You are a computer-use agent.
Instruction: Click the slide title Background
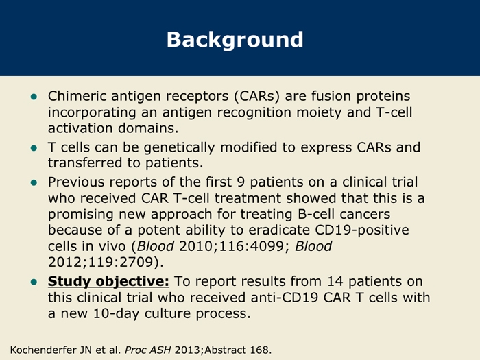point(235,40)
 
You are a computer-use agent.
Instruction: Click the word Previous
point(76,182)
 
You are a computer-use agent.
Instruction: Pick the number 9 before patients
point(241,182)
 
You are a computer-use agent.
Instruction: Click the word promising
point(81,214)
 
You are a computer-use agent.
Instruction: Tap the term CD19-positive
point(362,230)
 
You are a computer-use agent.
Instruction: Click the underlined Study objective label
point(108,282)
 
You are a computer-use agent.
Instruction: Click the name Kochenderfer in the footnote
point(43,350)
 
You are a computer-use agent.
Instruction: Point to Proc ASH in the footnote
point(147,350)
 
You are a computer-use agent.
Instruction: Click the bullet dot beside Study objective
point(34,282)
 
